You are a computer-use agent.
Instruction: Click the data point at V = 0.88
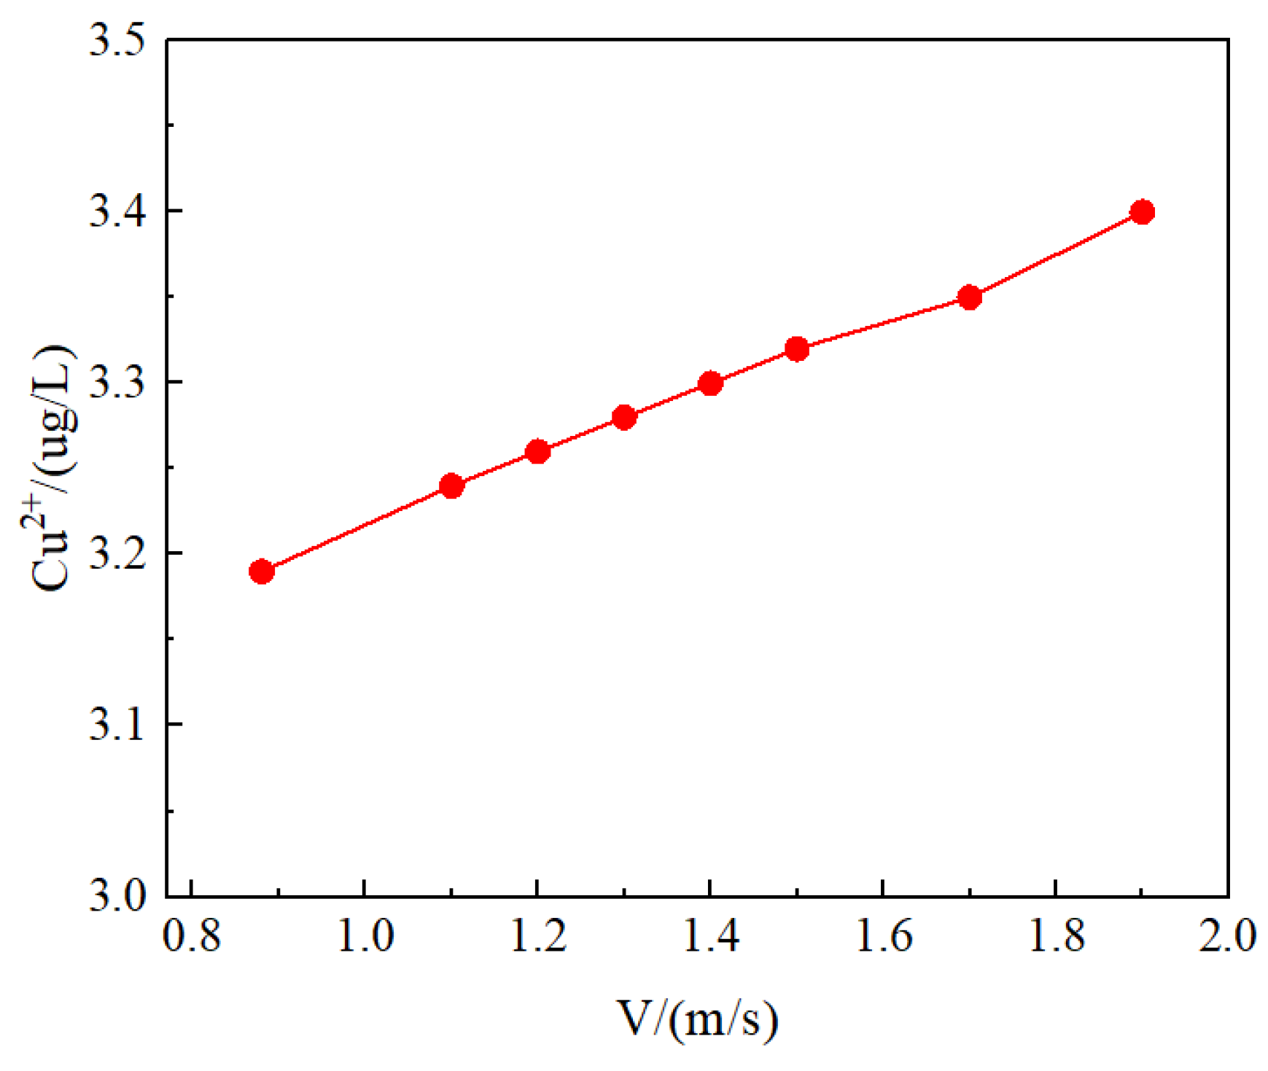261,571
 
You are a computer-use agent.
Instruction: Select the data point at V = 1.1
452,486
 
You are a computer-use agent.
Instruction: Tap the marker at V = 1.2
537,451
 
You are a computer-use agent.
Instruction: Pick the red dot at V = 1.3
624,418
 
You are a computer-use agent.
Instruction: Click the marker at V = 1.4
710,383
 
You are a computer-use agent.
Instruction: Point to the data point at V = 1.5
797,349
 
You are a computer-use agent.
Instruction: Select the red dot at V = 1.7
970,297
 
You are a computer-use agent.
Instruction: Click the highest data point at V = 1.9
1142,212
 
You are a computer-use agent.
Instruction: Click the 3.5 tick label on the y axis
117,41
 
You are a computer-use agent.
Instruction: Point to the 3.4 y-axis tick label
117,211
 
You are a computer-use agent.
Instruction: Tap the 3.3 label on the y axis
117,382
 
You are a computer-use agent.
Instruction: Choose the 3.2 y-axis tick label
117,553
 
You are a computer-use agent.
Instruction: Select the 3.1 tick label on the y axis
117,725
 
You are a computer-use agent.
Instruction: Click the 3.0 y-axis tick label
117,895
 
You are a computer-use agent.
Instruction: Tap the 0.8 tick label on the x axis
192,935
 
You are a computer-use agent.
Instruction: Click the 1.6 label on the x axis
883,935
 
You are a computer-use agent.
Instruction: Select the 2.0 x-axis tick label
1228,935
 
